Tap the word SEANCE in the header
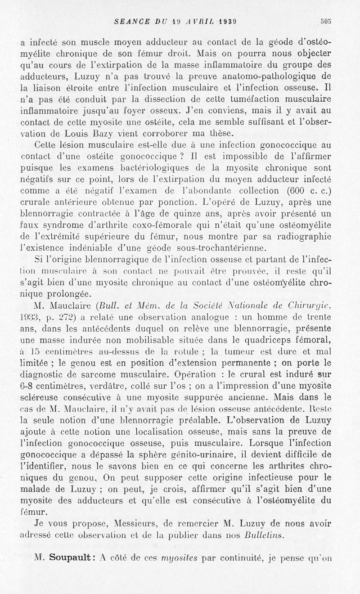pyautogui.click(x=130, y=21)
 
